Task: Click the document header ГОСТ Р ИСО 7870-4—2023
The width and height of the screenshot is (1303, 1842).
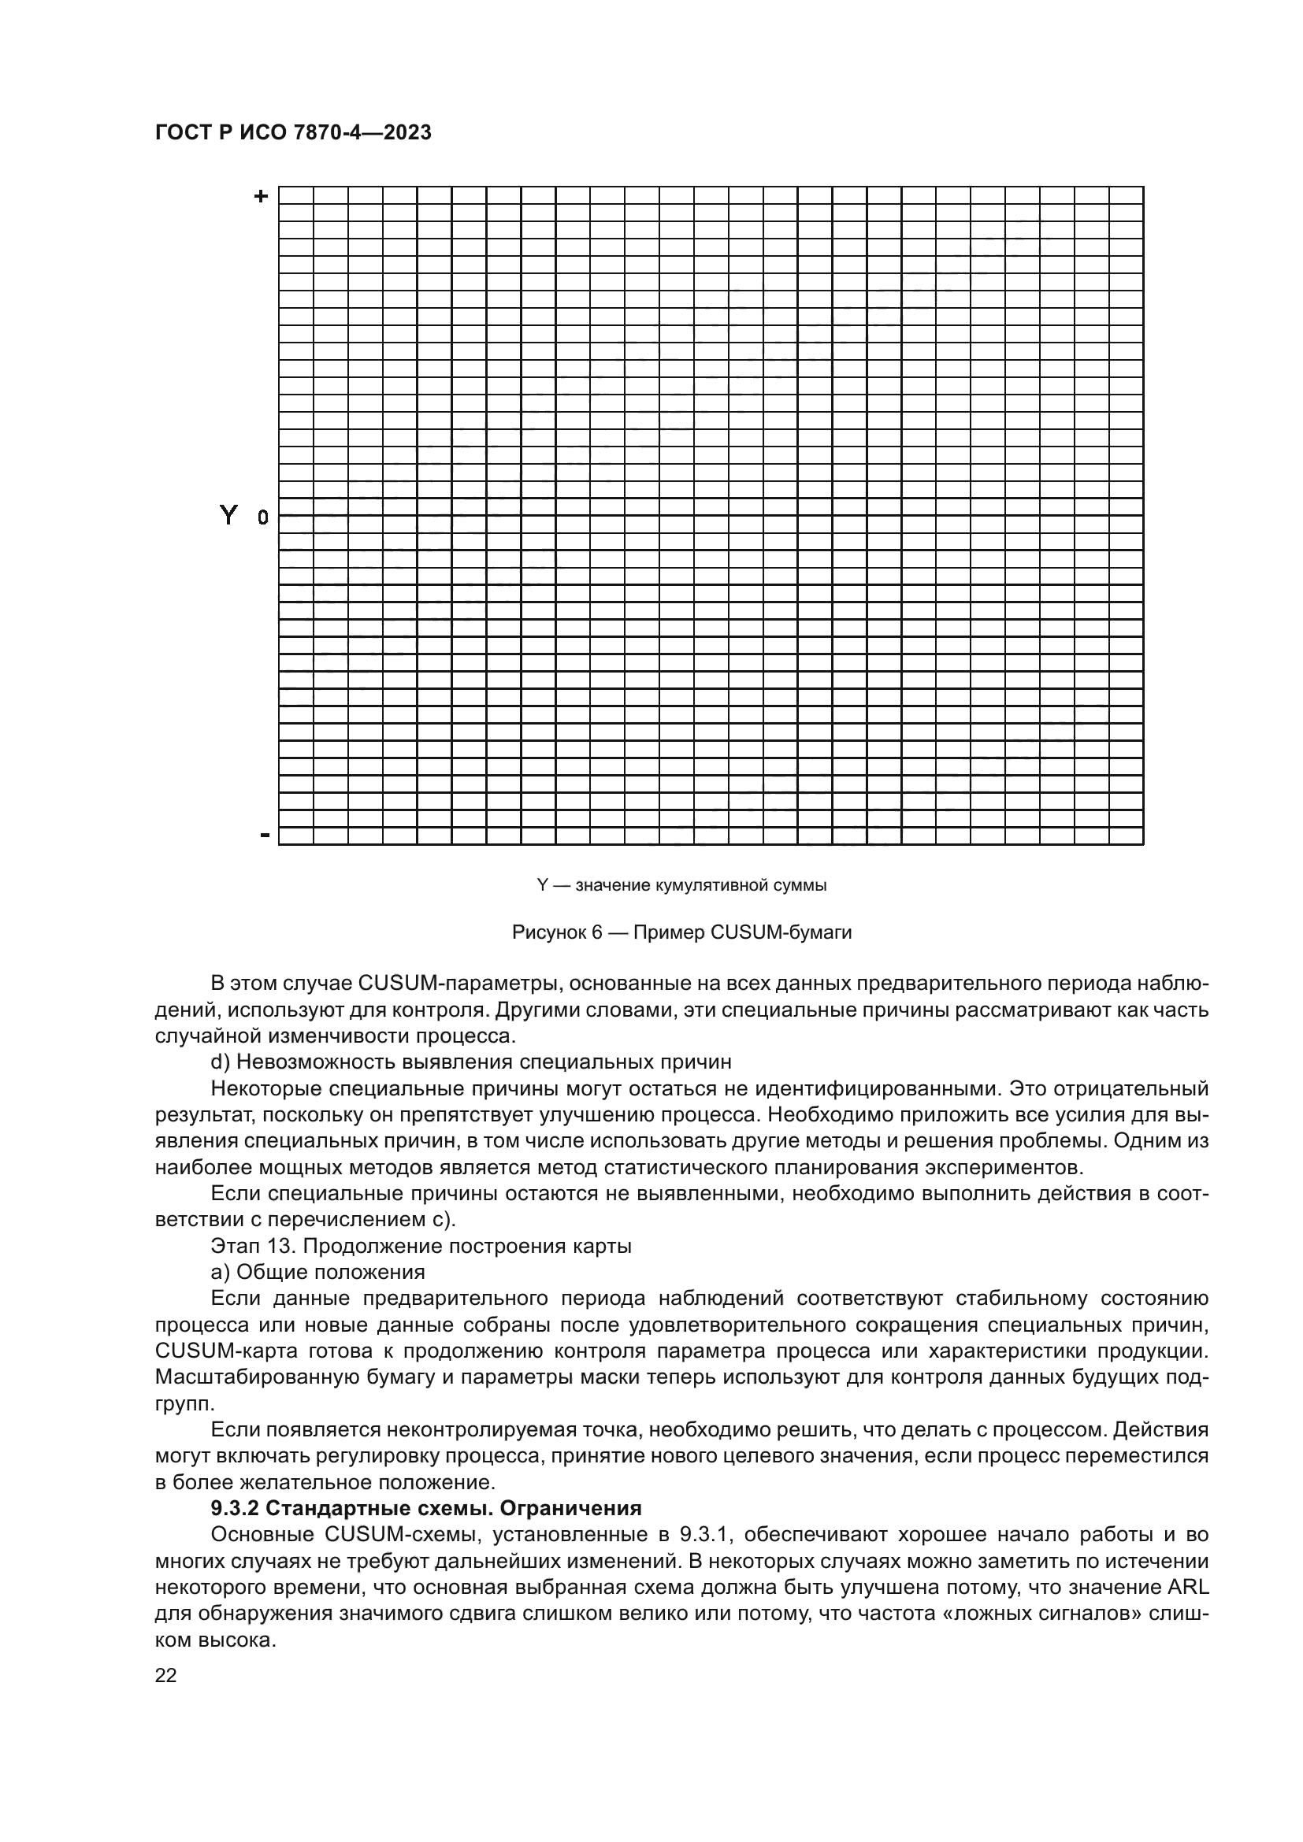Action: pos(293,132)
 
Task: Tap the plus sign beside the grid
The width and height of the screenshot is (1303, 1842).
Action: pos(261,196)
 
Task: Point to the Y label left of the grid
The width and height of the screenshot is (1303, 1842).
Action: pos(228,514)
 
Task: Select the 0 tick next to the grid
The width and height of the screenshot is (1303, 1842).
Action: pos(262,518)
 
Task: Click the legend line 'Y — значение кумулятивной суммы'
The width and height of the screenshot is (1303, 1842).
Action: pos(681,886)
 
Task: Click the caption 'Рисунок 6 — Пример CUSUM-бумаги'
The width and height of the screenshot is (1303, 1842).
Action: pos(681,932)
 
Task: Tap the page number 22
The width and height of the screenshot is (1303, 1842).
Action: pos(165,1675)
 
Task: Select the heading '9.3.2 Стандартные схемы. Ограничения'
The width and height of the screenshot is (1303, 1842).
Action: pos(426,1508)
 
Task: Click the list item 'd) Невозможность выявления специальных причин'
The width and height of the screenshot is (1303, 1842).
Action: pos(471,1062)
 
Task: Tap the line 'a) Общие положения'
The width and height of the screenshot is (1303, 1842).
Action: pos(317,1273)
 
